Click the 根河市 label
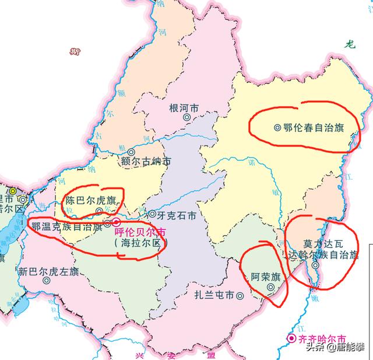tap(183, 108)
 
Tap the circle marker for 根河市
tap(186, 117)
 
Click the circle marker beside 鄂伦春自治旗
tap(277, 127)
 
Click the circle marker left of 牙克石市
tap(153, 214)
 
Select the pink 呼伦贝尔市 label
tap(140, 232)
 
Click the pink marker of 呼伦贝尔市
tap(116, 222)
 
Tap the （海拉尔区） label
tap(139, 243)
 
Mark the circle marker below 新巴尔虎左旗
tap(46, 281)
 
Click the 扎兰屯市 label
tap(214, 295)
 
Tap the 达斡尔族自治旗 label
tap(324, 254)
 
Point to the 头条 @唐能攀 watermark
tap(337, 348)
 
